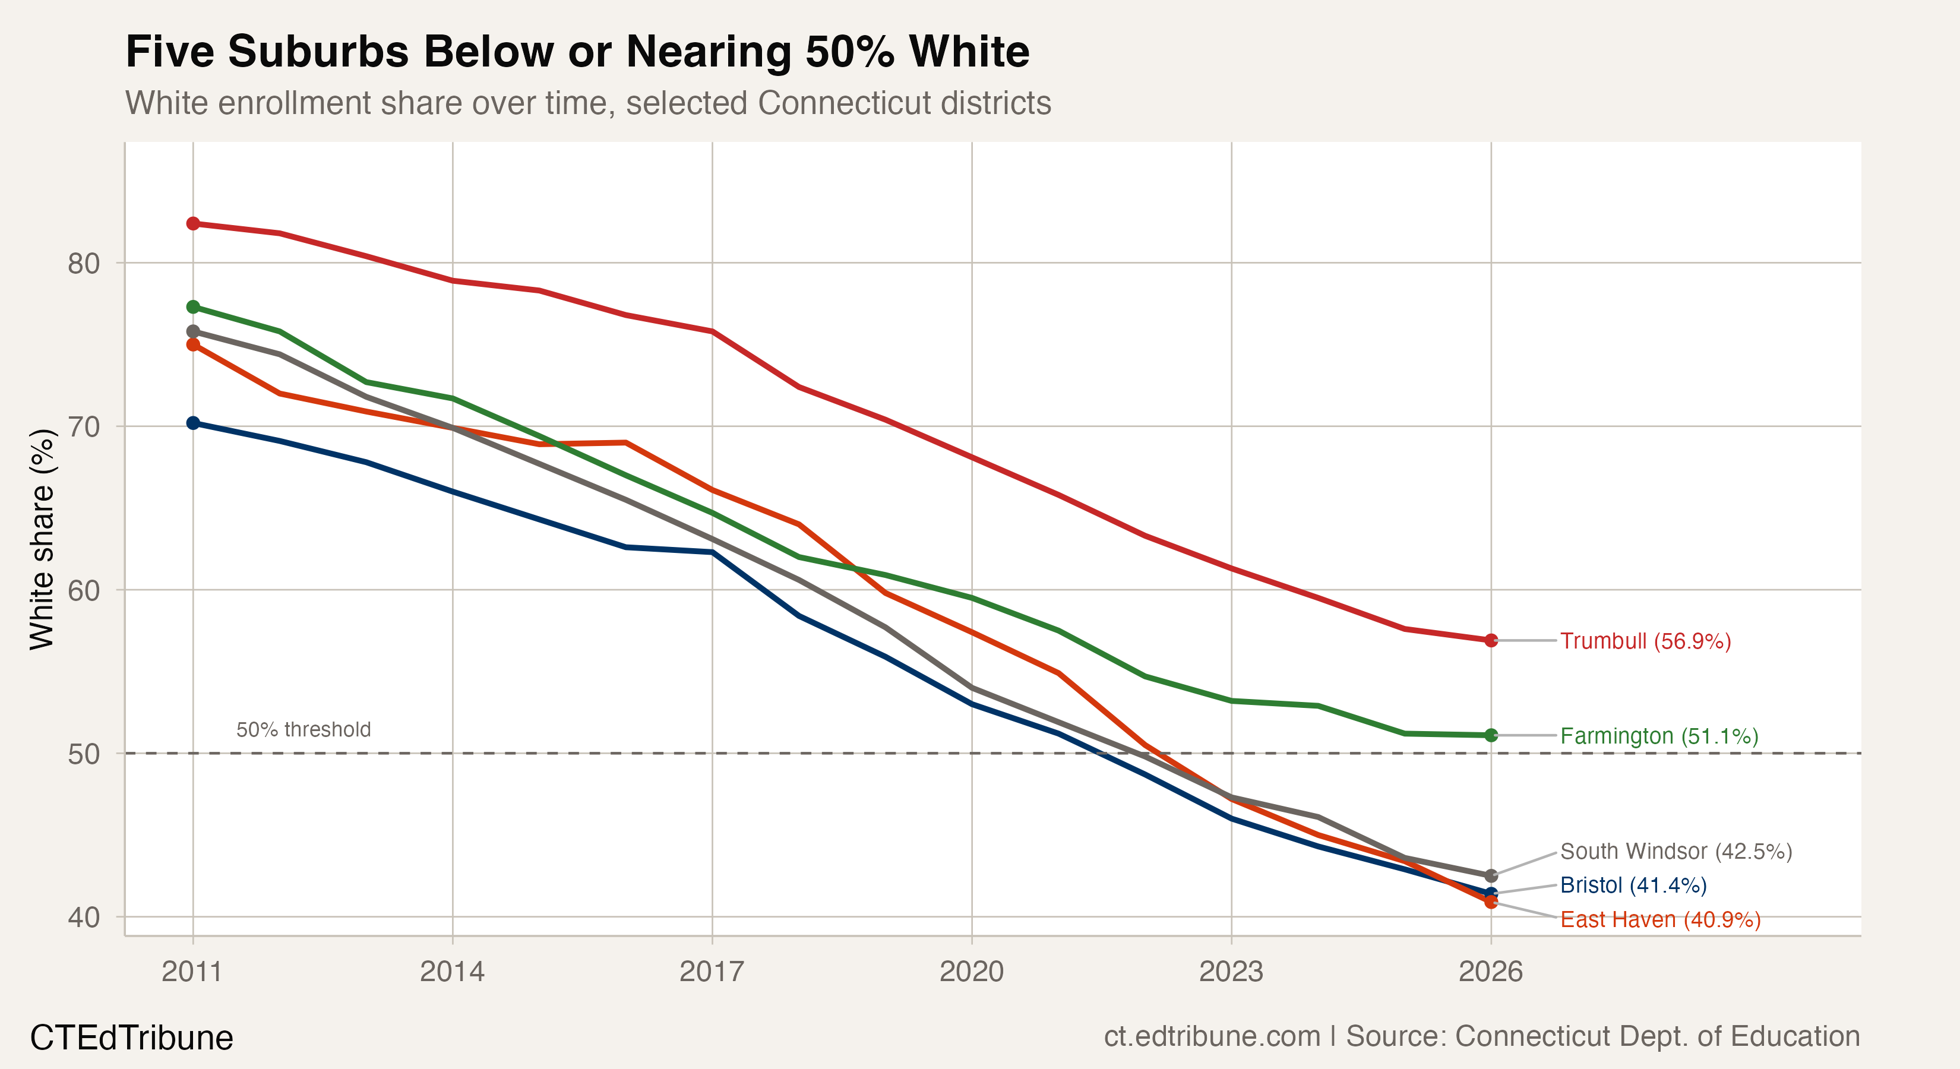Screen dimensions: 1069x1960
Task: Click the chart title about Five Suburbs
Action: tap(577, 52)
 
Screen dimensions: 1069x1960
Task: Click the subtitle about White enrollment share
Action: tap(587, 103)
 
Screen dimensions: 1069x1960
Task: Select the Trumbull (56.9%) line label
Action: tap(1645, 641)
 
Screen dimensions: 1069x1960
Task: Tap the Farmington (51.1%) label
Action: tap(1659, 736)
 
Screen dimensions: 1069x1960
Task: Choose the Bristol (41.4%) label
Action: tap(1633, 885)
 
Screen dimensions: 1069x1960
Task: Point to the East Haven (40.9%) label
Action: tap(1660, 919)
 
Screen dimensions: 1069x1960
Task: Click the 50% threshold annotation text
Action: tap(304, 730)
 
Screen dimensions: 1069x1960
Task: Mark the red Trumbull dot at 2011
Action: tap(193, 224)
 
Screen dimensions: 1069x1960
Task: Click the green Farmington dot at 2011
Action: tap(193, 306)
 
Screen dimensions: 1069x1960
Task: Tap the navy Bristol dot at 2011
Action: tap(193, 423)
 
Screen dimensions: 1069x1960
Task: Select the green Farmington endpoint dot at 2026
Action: tap(1491, 735)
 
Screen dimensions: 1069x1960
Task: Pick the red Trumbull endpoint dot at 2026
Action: tap(1491, 641)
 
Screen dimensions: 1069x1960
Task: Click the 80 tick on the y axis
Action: tap(84, 263)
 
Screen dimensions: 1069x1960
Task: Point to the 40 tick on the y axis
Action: tap(84, 917)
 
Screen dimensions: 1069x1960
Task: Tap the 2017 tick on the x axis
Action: tap(712, 972)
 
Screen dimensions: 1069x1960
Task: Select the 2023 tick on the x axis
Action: tap(1231, 972)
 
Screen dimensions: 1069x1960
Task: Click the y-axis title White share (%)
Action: tap(43, 539)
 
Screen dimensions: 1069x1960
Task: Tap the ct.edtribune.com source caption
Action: tap(1481, 1036)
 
